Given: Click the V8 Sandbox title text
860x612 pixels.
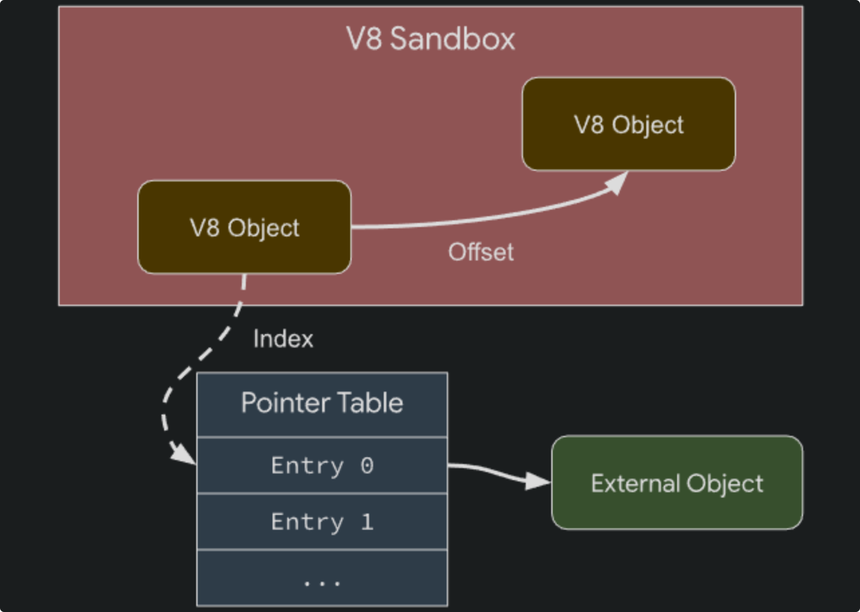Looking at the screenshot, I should point(431,39).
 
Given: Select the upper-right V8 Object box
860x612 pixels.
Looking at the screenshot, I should point(628,125).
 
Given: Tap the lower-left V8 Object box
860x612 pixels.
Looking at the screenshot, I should point(244,228).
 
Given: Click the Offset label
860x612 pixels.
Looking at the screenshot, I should point(481,252).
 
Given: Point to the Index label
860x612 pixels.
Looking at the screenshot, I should point(283,339).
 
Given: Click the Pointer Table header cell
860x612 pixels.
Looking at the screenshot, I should point(321,404).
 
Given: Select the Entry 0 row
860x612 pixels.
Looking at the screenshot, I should point(321,465).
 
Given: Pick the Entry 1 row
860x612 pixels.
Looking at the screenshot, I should point(321,522).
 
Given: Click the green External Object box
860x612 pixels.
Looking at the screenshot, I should point(676,483).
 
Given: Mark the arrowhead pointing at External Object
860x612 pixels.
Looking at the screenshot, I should point(539,481).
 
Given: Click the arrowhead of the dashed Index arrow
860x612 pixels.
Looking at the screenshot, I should point(184,455).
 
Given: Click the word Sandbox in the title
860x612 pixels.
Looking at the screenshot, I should point(453,39).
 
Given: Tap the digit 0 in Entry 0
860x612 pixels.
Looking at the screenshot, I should point(366,465).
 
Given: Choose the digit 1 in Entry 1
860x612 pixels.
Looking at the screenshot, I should point(366,522).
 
